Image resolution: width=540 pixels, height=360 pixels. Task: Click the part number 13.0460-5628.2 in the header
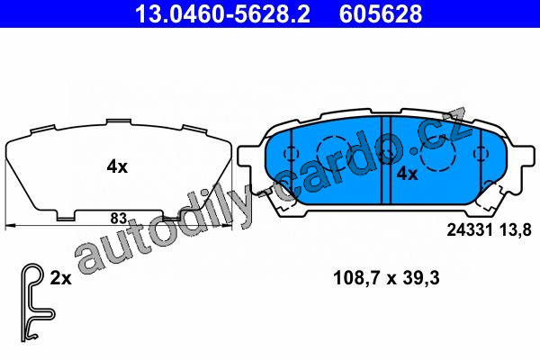222,13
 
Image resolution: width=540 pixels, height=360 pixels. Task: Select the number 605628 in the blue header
381,13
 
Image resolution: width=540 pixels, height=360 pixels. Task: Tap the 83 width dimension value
119,219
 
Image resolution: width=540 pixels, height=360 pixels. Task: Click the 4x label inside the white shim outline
117,167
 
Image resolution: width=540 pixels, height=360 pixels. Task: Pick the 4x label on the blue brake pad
408,174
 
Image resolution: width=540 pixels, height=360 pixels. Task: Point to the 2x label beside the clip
61,278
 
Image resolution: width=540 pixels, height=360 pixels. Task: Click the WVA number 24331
470,230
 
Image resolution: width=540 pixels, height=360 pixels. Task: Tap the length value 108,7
356,278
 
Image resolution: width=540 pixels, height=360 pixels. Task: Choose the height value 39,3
421,278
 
